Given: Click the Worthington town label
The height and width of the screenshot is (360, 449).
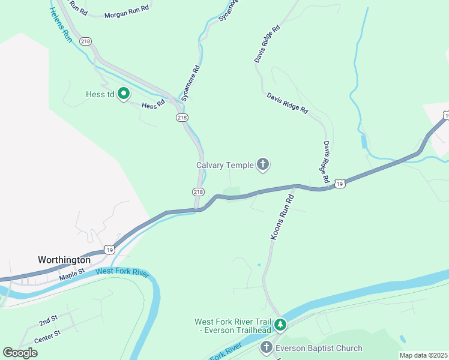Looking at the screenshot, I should [64, 260].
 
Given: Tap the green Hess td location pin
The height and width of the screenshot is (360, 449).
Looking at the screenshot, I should [124, 94].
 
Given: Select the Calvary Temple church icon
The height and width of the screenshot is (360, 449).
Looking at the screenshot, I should [262, 164].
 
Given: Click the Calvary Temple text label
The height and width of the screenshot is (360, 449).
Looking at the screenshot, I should [224, 165].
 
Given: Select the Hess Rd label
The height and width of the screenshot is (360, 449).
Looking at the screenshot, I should [153, 105].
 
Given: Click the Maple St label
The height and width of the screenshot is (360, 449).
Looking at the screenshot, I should [73, 277].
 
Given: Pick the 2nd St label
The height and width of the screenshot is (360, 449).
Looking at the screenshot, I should [48, 321].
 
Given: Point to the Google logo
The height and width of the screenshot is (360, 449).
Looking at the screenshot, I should [20, 352].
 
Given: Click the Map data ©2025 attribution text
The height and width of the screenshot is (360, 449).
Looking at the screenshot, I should [424, 355].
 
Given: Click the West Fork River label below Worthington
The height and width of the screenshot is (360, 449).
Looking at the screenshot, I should [122, 271].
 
